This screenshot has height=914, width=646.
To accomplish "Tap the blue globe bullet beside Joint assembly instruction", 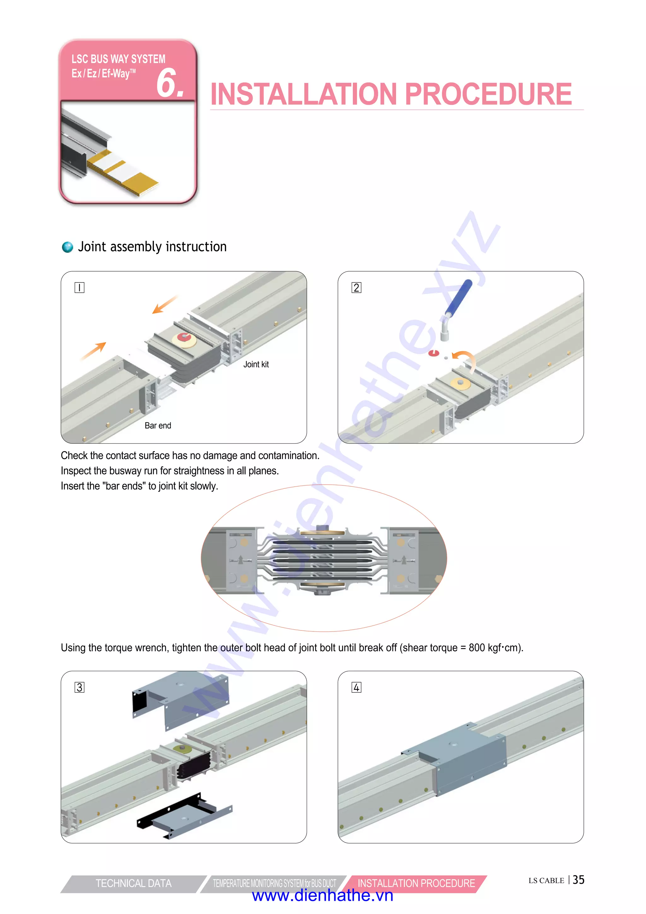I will [x=68, y=247].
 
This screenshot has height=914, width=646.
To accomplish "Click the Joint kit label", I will [x=256, y=364].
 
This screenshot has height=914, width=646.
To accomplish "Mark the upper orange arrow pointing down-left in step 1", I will [x=164, y=305].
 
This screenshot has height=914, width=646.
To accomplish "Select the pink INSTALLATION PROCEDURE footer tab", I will [x=416, y=883].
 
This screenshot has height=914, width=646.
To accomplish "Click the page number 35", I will [x=578, y=880].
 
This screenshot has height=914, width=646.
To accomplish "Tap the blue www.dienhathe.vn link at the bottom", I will [x=323, y=896].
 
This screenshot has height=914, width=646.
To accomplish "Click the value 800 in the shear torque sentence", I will [x=477, y=648].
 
